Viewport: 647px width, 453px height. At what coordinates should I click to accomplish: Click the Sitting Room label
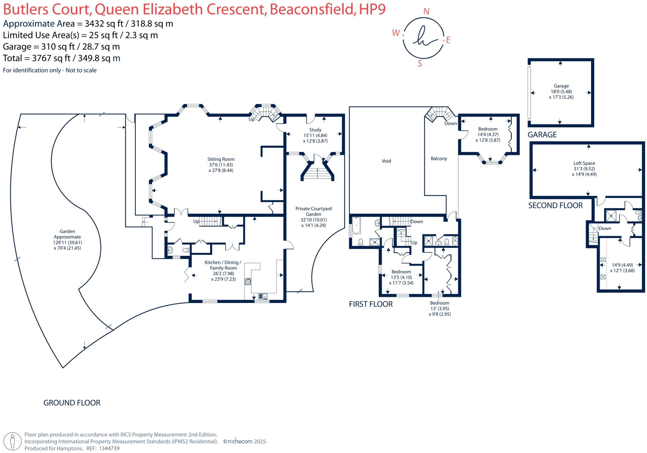click(x=221, y=159)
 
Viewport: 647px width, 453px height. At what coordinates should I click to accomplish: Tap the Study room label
click(x=315, y=130)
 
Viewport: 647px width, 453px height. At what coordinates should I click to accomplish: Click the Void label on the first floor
click(x=386, y=161)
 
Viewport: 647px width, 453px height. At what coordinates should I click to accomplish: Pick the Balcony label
click(x=439, y=159)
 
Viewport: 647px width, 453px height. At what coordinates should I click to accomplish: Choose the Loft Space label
click(x=584, y=163)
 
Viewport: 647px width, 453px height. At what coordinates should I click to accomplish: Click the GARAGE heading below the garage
click(x=542, y=135)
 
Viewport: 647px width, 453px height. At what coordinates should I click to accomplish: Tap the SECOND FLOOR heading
click(x=555, y=205)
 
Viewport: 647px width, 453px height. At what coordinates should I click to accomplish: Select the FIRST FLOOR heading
click(x=371, y=304)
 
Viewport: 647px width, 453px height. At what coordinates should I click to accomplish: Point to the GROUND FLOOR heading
click(x=72, y=403)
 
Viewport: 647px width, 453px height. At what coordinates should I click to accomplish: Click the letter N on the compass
click(x=426, y=12)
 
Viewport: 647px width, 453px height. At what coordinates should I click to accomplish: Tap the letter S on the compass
click(x=420, y=64)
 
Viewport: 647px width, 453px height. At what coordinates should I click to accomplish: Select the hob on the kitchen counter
click(x=248, y=281)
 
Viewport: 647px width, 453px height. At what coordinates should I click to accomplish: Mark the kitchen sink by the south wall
click(x=263, y=296)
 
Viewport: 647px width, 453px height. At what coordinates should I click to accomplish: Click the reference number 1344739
click(x=109, y=448)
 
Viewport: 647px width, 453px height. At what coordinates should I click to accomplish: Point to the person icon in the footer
click(x=13, y=441)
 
